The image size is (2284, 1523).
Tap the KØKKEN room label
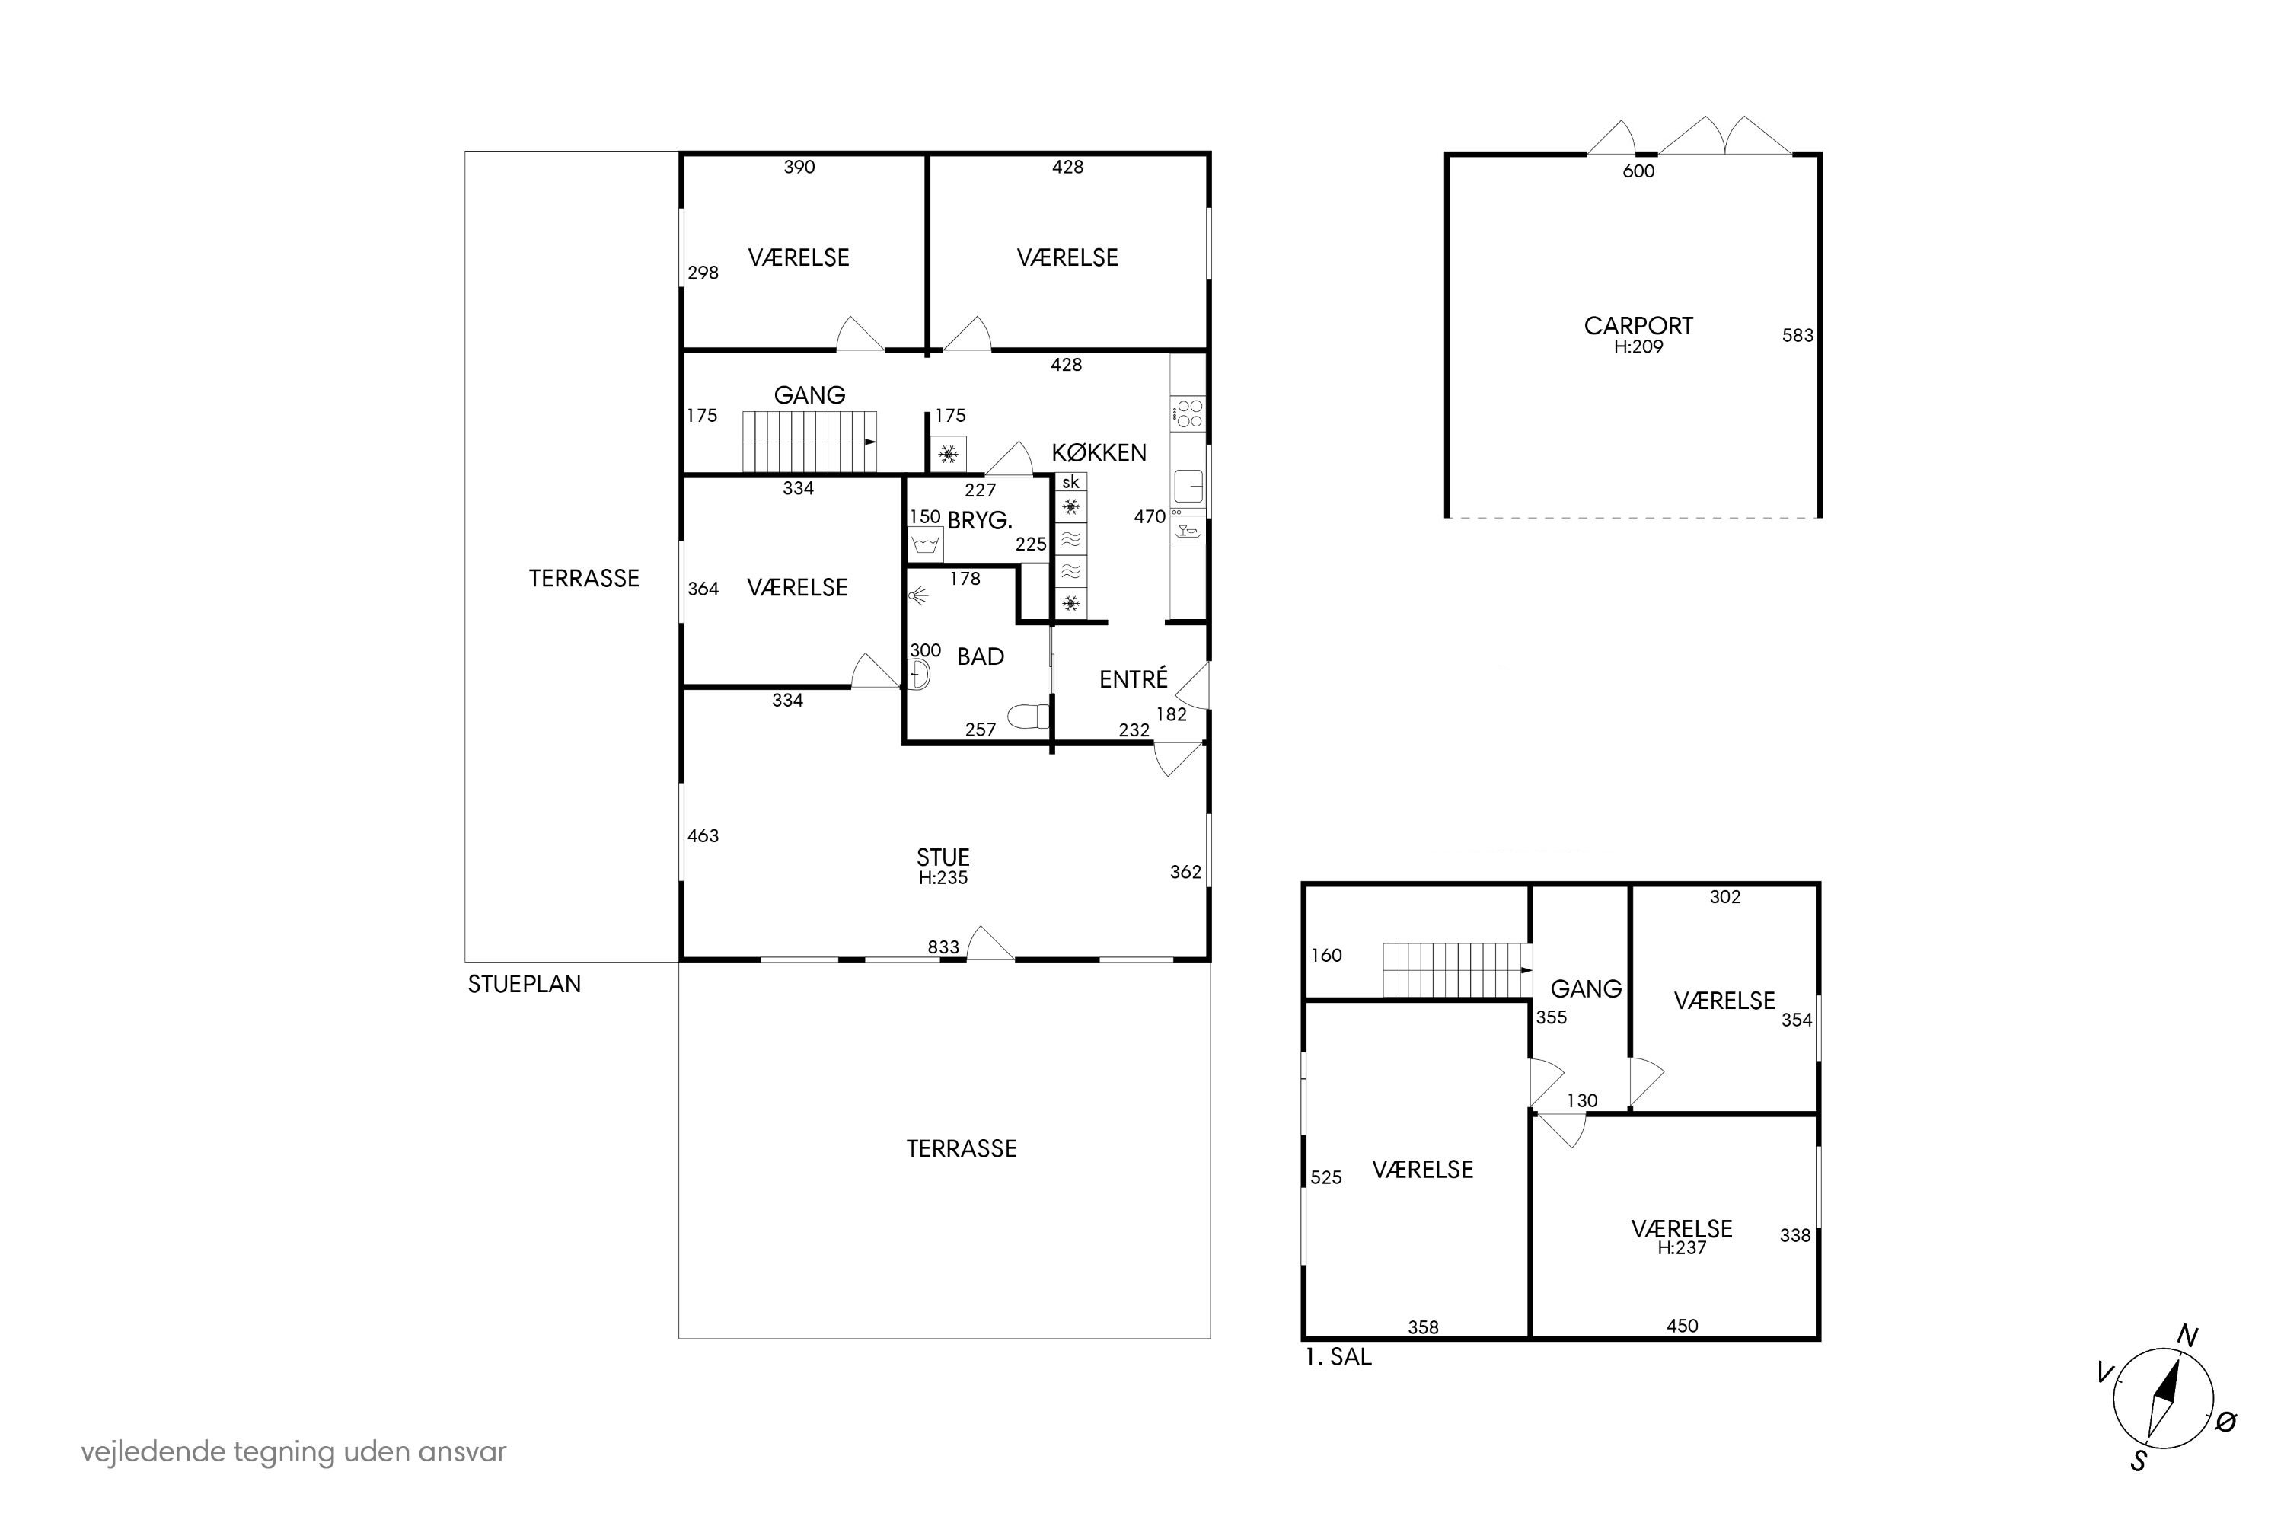(1099, 452)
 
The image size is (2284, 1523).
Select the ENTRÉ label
(1134, 679)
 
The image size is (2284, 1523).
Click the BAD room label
(980, 656)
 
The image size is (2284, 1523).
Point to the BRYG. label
(980, 521)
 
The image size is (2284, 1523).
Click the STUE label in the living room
(943, 857)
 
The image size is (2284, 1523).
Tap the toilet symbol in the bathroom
(1029, 717)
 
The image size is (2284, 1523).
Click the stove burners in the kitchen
(1188, 413)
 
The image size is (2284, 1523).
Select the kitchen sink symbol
(1188, 486)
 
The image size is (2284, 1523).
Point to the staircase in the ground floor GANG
(810, 442)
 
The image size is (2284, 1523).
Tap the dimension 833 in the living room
(943, 947)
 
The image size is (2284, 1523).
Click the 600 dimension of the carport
(1638, 171)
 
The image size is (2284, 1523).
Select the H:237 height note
(1682, 1248)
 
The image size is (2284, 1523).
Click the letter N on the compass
(2188, 1336)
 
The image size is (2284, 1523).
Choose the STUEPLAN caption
(525, 984)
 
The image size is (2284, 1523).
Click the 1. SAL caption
(1338, 1357)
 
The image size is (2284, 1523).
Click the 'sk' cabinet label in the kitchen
(1070, 482)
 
